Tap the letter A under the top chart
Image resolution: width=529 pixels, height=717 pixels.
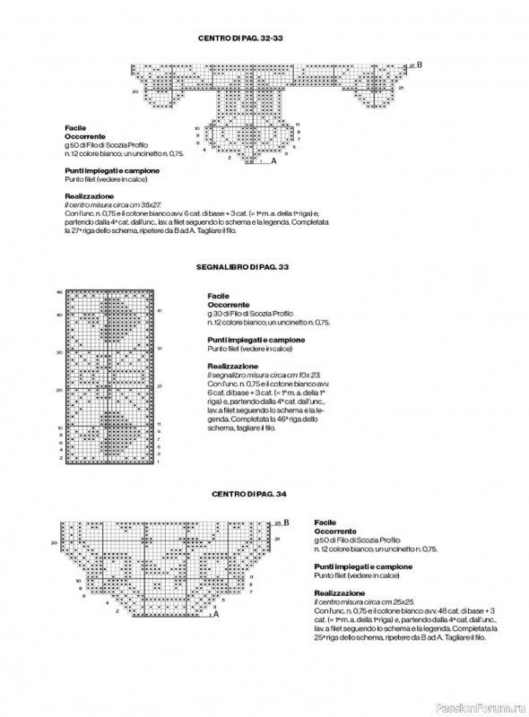[273, 162]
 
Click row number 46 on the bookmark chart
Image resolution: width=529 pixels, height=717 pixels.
[59, 292]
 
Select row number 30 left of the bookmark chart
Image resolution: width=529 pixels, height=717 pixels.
[59, 352]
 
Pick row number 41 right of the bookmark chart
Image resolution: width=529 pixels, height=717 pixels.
[159, 311]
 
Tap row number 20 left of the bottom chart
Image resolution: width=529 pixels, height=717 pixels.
[54, 543]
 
